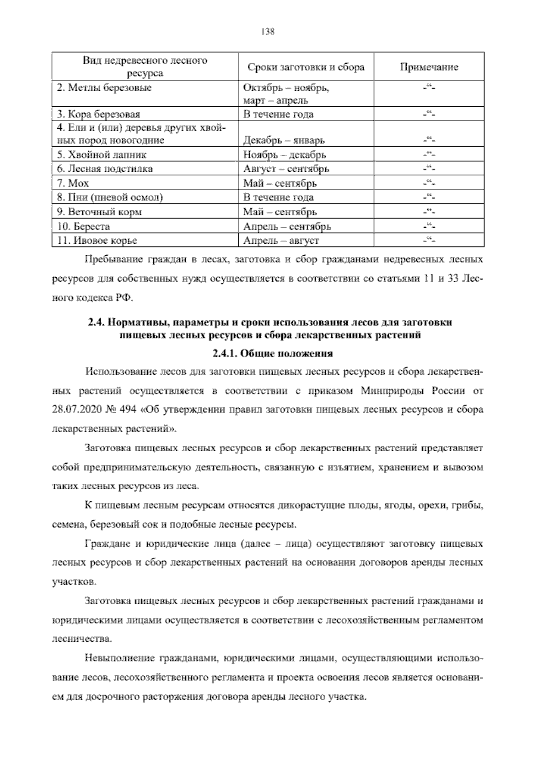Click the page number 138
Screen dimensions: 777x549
[267, 32]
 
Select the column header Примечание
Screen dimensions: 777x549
[429, 67]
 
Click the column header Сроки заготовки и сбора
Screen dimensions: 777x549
[306, 67]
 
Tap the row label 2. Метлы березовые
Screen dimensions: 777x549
[104, 88]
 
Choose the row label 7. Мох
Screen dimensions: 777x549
[73, 183]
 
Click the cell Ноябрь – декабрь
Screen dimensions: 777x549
[284, 154]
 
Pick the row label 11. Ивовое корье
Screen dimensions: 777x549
[97, 241]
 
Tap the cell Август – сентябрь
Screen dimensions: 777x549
[286, 169]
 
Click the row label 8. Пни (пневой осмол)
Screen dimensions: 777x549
[110, 197]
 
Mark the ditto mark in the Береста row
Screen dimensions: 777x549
[429, 226]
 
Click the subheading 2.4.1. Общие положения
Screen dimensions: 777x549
[273, 353]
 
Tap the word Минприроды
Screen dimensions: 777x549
[388, 391]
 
